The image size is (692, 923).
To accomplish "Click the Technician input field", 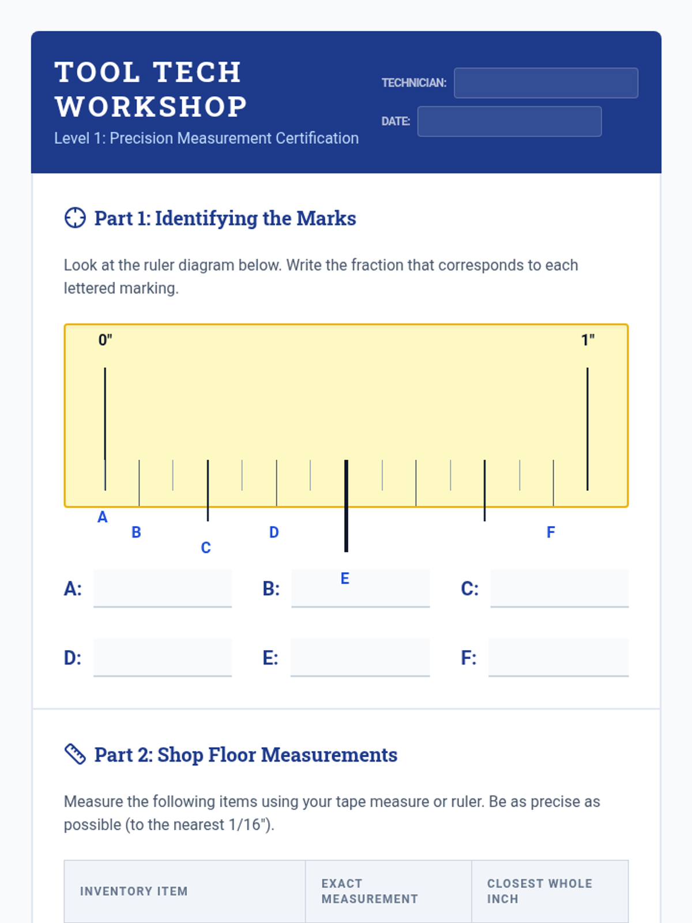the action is tap(546, 83).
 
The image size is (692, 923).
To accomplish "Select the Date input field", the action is tap(509, 122).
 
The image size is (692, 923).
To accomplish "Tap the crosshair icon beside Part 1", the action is tap(75, 218).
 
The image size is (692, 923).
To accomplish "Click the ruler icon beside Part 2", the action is tap(75, 754).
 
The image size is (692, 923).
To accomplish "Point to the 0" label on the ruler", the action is tap(105, 340).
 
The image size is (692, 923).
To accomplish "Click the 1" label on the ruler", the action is tap(588, 340).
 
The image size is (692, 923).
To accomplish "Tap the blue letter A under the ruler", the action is tap(103, 517).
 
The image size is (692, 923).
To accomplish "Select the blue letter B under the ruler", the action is tap(136, 532).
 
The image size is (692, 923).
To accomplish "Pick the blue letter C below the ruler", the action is tap(206, 547).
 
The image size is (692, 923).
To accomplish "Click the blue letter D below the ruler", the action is tap(274, 532).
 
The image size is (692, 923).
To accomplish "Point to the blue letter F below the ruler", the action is tap(551, 532).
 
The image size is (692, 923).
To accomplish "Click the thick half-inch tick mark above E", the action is tap(346, 505).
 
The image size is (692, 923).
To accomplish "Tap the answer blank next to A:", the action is tap(163, 589).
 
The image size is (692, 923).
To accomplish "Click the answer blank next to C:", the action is tap(559, 589).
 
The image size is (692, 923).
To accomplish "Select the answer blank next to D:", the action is tap(163, 658).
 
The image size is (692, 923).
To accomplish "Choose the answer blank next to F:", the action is tap(558, 658).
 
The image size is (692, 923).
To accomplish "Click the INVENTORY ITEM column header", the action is tap(134, 891).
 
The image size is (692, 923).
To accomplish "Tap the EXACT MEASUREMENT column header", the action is tap(370, 891).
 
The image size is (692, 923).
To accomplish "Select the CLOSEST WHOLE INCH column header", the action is tap(540, 891).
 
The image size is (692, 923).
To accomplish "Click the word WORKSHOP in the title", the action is tap(151, 106).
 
